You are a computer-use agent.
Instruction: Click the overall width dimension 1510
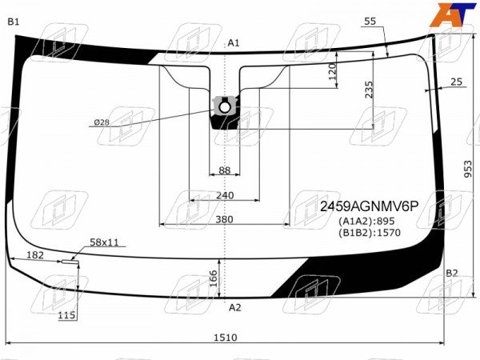coord(226,338)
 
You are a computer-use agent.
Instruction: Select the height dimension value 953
coord(468,169)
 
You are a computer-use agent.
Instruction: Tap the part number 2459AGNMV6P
coord(369,206)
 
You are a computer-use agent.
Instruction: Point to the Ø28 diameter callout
coord(102,122)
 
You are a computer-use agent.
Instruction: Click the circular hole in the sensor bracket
coord(225,107)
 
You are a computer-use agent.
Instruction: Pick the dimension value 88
coord(224,170)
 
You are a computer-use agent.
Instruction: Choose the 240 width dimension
coord(225,195)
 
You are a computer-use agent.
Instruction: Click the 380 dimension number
coord(224,219)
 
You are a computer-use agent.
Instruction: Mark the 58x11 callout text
coord(104,242)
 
